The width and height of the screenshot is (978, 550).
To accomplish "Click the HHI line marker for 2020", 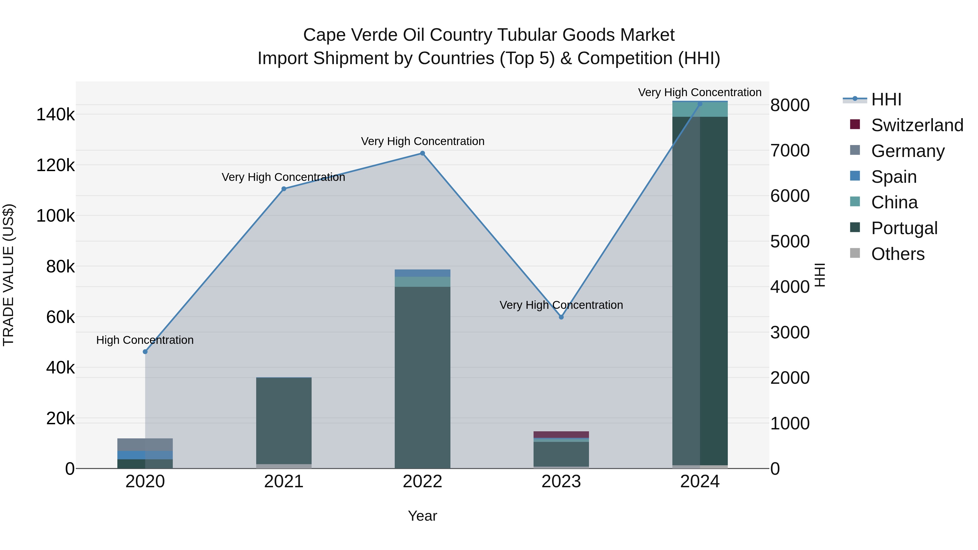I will pos(145,352).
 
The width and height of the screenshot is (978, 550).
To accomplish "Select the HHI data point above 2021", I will pos(284,189).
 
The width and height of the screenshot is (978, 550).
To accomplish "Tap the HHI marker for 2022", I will pos(422,153).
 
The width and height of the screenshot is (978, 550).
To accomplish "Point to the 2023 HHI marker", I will pos(561,317).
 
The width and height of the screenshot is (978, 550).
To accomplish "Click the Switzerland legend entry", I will pos(917,125).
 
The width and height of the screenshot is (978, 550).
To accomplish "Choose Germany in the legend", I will pos(907,151).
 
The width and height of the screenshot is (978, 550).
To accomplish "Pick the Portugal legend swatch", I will pos(855,227).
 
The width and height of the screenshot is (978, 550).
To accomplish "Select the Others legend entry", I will pos(898,254).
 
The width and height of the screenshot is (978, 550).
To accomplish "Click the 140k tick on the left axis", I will pos(55,115).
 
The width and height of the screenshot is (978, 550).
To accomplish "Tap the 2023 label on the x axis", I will pos(561,482).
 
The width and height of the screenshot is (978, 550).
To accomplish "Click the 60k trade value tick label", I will pos(60,317).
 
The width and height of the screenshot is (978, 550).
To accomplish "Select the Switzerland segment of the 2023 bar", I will pos(561,435).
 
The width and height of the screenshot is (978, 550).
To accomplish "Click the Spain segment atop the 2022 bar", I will pos(422,273).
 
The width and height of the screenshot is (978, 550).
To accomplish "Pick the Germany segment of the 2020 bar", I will pos(145,444).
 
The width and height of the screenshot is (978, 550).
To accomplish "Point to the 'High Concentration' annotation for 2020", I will pos(145,340).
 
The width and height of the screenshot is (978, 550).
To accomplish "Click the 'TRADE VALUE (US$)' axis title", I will pos(8,275).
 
